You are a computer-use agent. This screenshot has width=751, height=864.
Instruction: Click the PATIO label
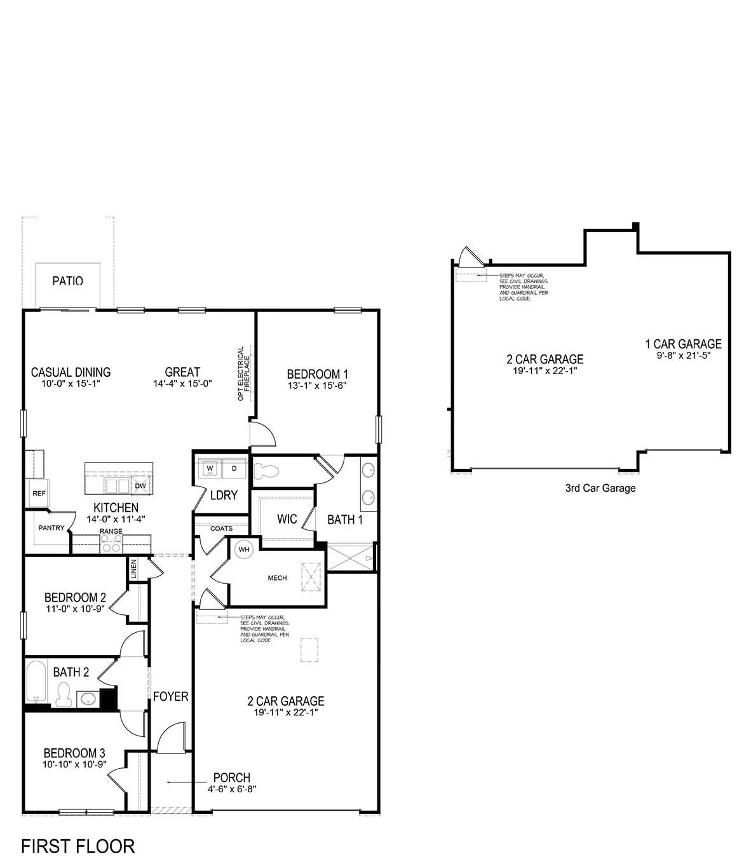[x=67, y=280]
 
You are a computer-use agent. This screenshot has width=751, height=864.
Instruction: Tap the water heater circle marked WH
[x=243, y=549]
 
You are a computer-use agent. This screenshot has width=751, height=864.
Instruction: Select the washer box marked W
[x=210, y=468]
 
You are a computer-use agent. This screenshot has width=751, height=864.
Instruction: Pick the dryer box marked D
[x=233, y=468]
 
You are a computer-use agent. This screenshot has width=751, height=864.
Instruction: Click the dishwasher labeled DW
[x=140, y=486]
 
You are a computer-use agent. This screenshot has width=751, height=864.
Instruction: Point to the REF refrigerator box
[x=38, y=494]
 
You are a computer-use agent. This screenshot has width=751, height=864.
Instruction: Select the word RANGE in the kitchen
[x=111, y=531]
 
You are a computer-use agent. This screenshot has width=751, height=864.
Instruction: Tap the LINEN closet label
[x=133, y=569]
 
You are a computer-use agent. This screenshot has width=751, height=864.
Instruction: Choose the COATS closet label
[x=221, y=528]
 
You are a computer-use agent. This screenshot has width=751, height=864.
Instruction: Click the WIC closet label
[x=287, y=519]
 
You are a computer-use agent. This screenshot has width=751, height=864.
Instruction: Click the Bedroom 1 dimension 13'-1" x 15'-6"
[x=316, y=385]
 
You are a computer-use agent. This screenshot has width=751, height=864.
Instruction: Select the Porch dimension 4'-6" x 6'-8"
[x=231, y=789]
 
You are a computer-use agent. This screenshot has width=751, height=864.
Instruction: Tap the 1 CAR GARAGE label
[x=683, y=344]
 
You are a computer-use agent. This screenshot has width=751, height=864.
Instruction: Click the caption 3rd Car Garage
[x=600, y=488]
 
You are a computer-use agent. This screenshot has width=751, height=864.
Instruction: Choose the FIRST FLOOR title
[x=78, y=846]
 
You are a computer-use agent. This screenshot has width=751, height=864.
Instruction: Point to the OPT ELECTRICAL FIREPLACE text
[x=244, y=374]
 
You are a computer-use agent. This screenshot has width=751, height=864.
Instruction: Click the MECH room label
[x=277, y=578]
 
